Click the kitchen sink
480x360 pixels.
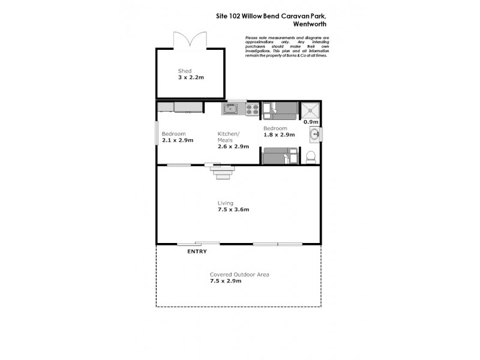231,109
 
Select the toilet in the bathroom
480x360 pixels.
311,157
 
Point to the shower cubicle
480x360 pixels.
311,110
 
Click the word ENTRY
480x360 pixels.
197,251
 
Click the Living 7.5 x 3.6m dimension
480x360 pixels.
233,210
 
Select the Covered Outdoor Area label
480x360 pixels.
239,274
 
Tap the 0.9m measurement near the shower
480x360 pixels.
310,122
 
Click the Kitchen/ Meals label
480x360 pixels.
228,137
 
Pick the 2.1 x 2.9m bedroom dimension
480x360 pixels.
177,140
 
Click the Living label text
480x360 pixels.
226,203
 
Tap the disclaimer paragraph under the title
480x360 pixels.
287,47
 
